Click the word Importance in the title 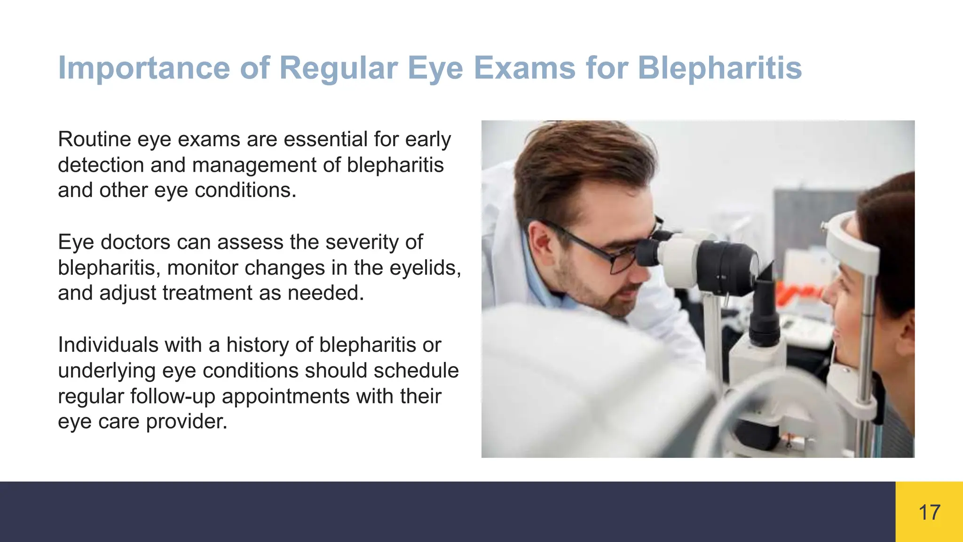click(x=144, y=68)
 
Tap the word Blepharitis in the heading click(x=719, y=68)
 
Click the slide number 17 click(x=929, y=512)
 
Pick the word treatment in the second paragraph click(x=207, y=293)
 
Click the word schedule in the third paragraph click(x=416, y=371)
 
